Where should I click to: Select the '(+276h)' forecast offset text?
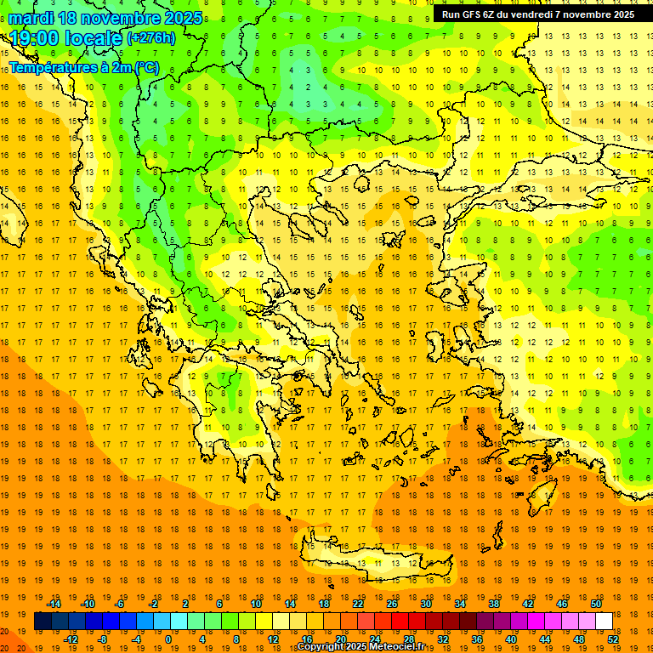(x=150, y=38)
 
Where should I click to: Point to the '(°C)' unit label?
(x=145, y=66)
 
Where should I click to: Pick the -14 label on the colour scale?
(x=54, y=604)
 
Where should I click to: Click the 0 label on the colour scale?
(x=168, y=639)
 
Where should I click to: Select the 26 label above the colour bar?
(x=392, y=604)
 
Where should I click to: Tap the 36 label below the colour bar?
(x=477, y=639)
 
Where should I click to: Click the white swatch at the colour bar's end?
(x=604, y=622)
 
